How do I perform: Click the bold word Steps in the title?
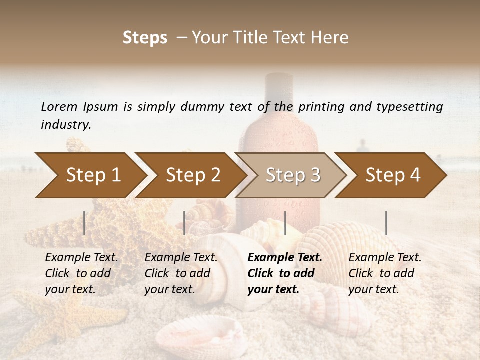click(145, 38)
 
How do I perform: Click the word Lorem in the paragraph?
click(59, 106)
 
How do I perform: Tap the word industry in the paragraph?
click(65, 125)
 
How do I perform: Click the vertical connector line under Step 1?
click(84, 223)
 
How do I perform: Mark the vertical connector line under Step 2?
click(184, 223)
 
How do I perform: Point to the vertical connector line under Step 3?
click(285, 223)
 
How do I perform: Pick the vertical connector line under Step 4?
click(386, 223)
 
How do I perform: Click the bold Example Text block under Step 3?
click(284, 273)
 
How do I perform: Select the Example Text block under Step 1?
click(81, 273)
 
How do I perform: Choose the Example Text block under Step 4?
click(384, 273)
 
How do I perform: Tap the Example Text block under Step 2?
click(181, 273)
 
